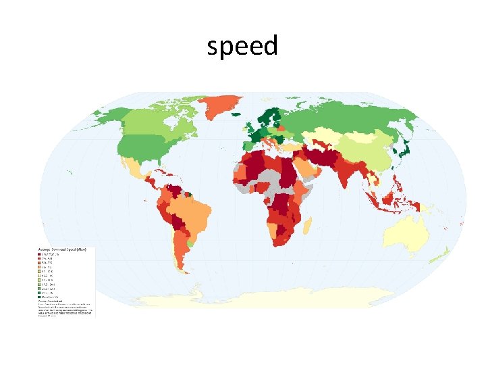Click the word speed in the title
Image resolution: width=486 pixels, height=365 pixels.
click(242, 47)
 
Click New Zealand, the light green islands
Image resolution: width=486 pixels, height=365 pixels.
click(442, 255)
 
